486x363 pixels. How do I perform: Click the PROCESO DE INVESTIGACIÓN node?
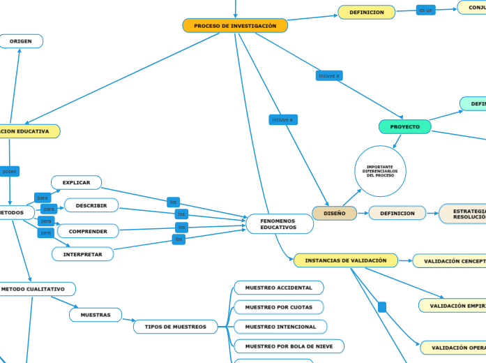pyautogui.click(x=235, y=26)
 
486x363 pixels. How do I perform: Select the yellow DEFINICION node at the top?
pyautogui.click(x=366, y=12)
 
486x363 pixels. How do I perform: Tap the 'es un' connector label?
pyautogui.click(x=425, y=10)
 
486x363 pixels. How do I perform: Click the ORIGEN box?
pyautogui.click(x=21, y=41)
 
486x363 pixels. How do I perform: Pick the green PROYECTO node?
pyautogui.click(x=404, y=126)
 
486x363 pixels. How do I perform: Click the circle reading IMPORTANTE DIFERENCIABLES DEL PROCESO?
pyautogui.click(x=380, y=171)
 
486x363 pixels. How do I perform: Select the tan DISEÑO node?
pyautogui.click(x=334, y=213)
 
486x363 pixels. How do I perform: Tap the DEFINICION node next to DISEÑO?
pyautogui.click(x=397, y=213)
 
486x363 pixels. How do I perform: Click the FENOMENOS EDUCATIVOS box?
pyautogui.click(x=279, y=224)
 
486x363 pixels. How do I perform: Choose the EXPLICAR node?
pyautogui.click(x=77, y=183)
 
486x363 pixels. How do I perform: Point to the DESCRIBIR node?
pyautogui.click(x=91, y=205)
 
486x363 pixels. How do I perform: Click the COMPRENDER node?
pyautogui.click(x=88, y=231)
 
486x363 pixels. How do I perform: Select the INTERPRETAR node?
pyautogui.click(x=83, y=254)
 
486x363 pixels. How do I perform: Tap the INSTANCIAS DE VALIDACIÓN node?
pyautogui.click(x=346, y=260)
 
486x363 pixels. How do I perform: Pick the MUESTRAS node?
pyautogui.click(x=96, y=315)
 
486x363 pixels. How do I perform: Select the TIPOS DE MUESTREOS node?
pyautogui.click(x=175, y=326)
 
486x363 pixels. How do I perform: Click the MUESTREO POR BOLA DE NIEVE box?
pyautogui.click(x=289, y=346)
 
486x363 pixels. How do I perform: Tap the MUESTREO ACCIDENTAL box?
pyautogui.click(x=278, y=288)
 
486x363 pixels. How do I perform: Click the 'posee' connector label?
pyautogui.click(x=10, y=171)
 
